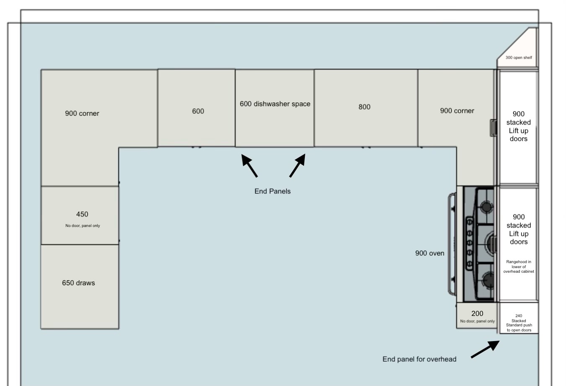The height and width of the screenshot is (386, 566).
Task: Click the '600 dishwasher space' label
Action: pyautogui.click(x=275, y=104)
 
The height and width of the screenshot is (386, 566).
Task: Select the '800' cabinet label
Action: pyautogui.click(x=364, y=107)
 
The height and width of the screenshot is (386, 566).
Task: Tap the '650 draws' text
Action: pyautogui.click(x=78, y=283)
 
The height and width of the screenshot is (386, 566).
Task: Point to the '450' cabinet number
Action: pyautogui.click(x=82, y=214)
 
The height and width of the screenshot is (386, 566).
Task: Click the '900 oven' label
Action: pyautogui.click(x=430, y=253)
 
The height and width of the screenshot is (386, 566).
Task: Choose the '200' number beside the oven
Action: pyautogui.click(x=477, y=313)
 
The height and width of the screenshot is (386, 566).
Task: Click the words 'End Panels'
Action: pyautogui.click(x=273, y=191)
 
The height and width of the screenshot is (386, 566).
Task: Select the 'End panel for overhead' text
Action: pyautogui.click(x=419, y=359)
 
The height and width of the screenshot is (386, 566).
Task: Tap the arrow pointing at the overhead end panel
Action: pyautogui.click(x=485, y=349)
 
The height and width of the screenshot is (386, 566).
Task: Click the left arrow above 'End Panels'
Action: pyautogui.click(x=249, y=165)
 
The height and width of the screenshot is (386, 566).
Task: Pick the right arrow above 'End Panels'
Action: pyautogui.click(x=297, y=165)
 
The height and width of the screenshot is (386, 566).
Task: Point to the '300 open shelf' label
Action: pyautogui.click(x=519, y=57)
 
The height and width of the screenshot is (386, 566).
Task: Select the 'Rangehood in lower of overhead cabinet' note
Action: pyautogui.click(x=519, y=266)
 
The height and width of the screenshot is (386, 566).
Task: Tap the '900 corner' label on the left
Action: pyautogui.click(x=82, y=113)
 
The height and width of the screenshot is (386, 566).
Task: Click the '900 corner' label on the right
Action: pyautogui.click(x=457, y=111)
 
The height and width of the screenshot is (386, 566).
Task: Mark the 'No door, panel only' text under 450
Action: pyautogui.click(x=83, y=226)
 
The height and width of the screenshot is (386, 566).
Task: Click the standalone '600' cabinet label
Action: pyautogui.click(x=198, y=111)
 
